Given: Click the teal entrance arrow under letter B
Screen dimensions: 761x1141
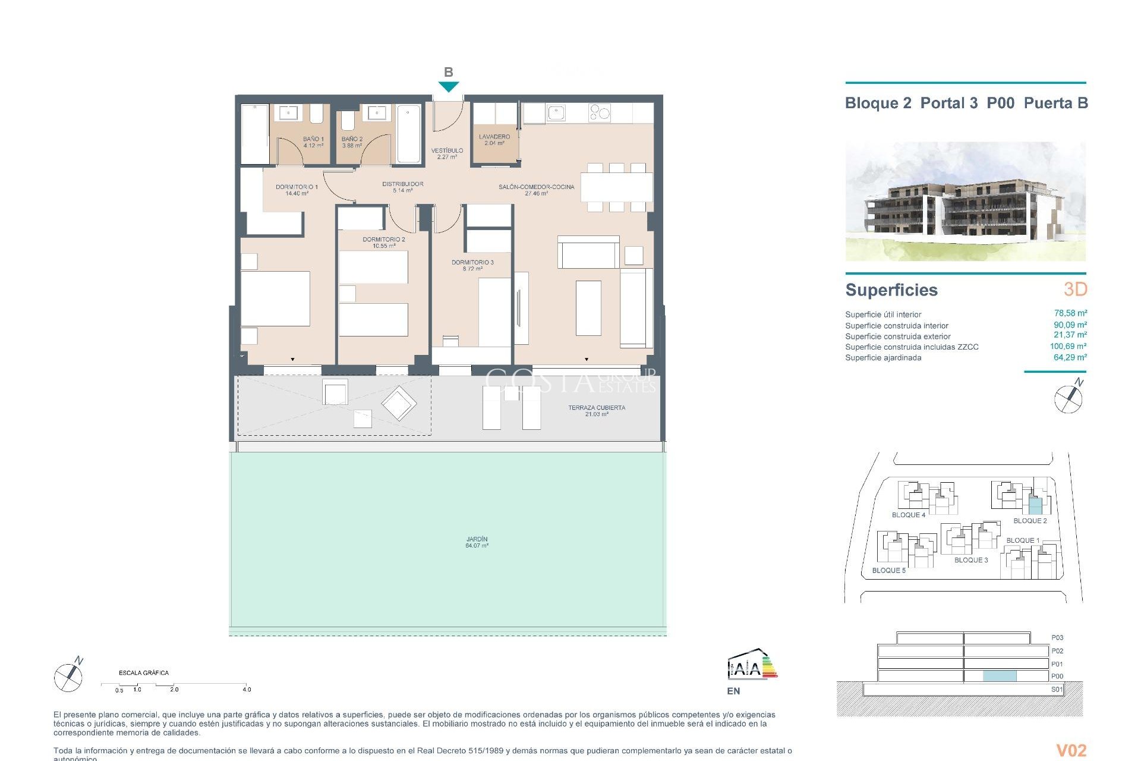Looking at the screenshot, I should (449, 87).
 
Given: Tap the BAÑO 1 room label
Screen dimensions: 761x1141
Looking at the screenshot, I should (313, 141).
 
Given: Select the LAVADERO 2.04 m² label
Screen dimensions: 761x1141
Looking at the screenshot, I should (494, 140).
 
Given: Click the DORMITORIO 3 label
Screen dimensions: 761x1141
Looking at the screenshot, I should (472, 265).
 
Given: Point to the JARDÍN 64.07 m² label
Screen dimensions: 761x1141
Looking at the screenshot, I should (477, 542).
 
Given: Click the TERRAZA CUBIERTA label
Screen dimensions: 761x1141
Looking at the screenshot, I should (596, 410).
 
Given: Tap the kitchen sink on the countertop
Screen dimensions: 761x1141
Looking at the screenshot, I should (556, 112).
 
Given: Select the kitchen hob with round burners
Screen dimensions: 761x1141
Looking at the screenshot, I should (599, 112).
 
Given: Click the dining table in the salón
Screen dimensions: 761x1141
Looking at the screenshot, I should (616, 187).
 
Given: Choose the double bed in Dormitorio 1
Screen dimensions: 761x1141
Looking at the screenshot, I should (275, 298).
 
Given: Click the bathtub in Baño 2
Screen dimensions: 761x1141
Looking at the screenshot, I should (409, 133).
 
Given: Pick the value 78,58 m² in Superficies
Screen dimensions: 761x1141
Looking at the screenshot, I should (1070, 313).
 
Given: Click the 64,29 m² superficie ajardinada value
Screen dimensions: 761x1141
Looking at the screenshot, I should (1070, 357).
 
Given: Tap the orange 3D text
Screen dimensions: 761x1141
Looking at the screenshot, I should (1075, 289).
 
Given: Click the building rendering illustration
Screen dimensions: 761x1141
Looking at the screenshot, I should (965, 201).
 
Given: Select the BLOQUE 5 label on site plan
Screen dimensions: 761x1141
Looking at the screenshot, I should (888, 570).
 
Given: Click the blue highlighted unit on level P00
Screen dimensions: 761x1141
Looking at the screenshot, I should (1000, 676).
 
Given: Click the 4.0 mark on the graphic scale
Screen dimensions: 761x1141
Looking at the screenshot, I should (247, 689).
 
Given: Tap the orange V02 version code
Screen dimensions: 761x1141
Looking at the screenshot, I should (1071, 750).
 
